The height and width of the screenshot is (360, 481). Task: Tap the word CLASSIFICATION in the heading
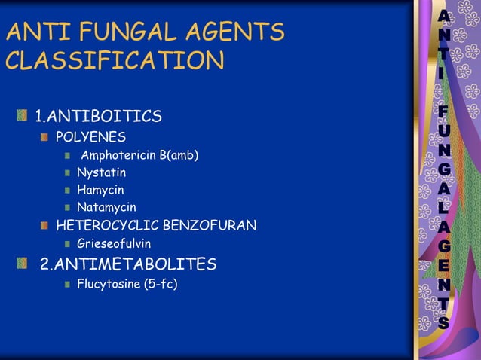(115, 60)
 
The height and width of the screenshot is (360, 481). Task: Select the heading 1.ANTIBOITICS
(99, 116)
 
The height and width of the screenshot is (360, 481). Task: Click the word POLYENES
(91, 138)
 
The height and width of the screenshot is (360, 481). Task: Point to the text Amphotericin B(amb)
(139, 156)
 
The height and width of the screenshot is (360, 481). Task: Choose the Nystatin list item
(102, 173)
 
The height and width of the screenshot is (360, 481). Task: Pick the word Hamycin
(100, 190)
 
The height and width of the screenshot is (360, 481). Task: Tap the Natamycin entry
(106, 206)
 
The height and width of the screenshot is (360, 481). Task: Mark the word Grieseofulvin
(114, 243)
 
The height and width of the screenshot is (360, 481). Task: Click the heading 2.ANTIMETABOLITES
(128, 264)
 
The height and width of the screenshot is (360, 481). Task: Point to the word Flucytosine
(108, 284)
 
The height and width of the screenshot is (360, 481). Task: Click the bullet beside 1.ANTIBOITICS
(24, 116)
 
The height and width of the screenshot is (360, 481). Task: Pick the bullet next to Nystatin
(68, 173)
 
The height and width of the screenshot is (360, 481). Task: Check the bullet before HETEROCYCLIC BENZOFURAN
(47, 225)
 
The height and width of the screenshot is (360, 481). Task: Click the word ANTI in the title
(32, 32)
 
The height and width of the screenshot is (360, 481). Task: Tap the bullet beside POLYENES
(47, 138)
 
